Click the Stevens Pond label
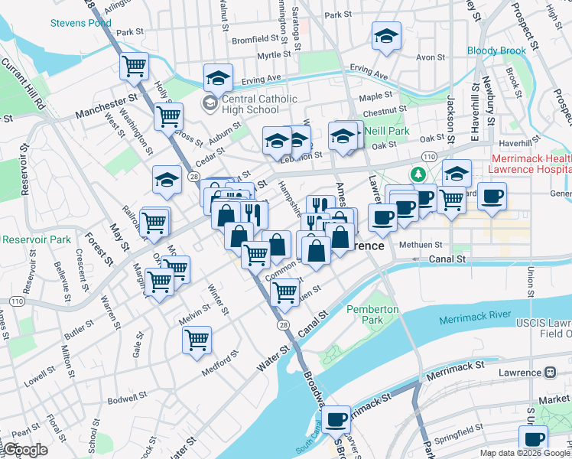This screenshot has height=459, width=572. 80,23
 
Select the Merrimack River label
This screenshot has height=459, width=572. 475,315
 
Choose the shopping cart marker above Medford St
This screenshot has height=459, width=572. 197,339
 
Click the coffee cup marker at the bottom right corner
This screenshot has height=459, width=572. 534,440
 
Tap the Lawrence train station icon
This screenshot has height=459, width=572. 550,373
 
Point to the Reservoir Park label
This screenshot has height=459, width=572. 36,240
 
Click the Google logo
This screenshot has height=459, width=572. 25,450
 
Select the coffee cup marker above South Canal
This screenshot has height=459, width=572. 336,420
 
